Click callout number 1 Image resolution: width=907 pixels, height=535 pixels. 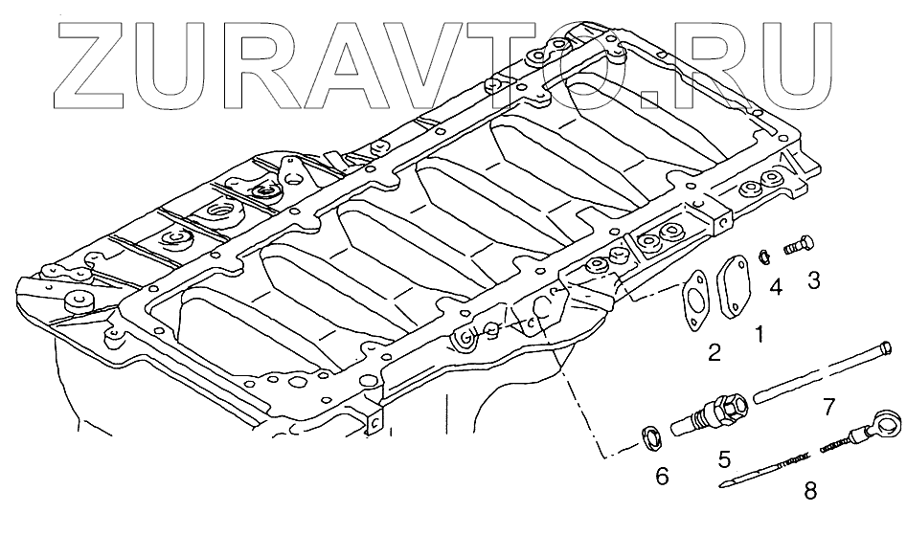[x=759, y=335]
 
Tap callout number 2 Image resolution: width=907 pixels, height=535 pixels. [x=714, y=353]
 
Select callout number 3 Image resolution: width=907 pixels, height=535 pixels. [x=814, y=279]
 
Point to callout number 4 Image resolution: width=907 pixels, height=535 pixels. [x=776, y=286]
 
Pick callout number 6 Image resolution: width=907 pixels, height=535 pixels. [x=661, y=475]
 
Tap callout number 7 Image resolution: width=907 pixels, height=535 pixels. [x=829, y=410]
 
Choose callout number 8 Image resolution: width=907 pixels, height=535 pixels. [x=810, y=491]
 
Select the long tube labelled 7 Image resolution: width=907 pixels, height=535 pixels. [x=824, y=370]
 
